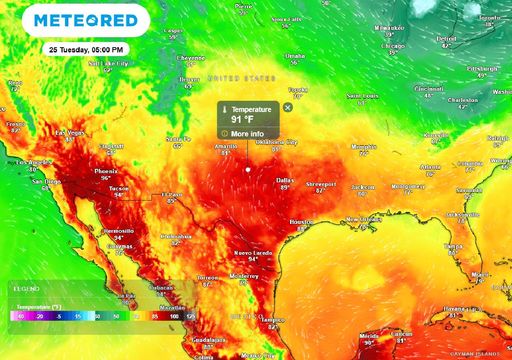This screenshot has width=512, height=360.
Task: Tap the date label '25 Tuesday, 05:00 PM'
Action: point(87,49)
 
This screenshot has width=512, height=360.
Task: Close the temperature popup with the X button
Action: point(288,106)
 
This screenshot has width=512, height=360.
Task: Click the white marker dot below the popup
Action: point(249,169)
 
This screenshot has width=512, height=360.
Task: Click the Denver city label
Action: point(189,78)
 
